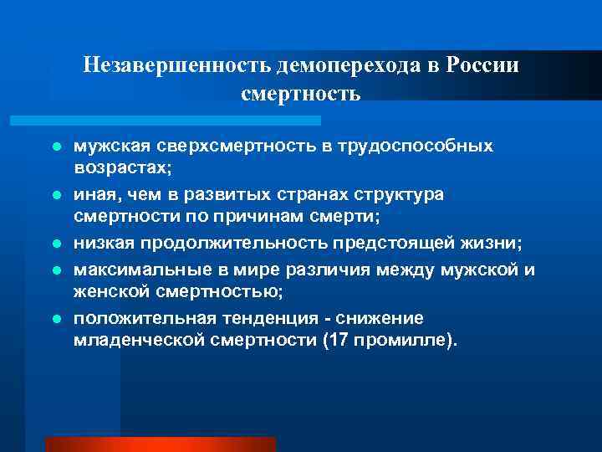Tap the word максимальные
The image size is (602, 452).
click(x=137, y=270)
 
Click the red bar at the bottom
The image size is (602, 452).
click(x=160, y=444)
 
